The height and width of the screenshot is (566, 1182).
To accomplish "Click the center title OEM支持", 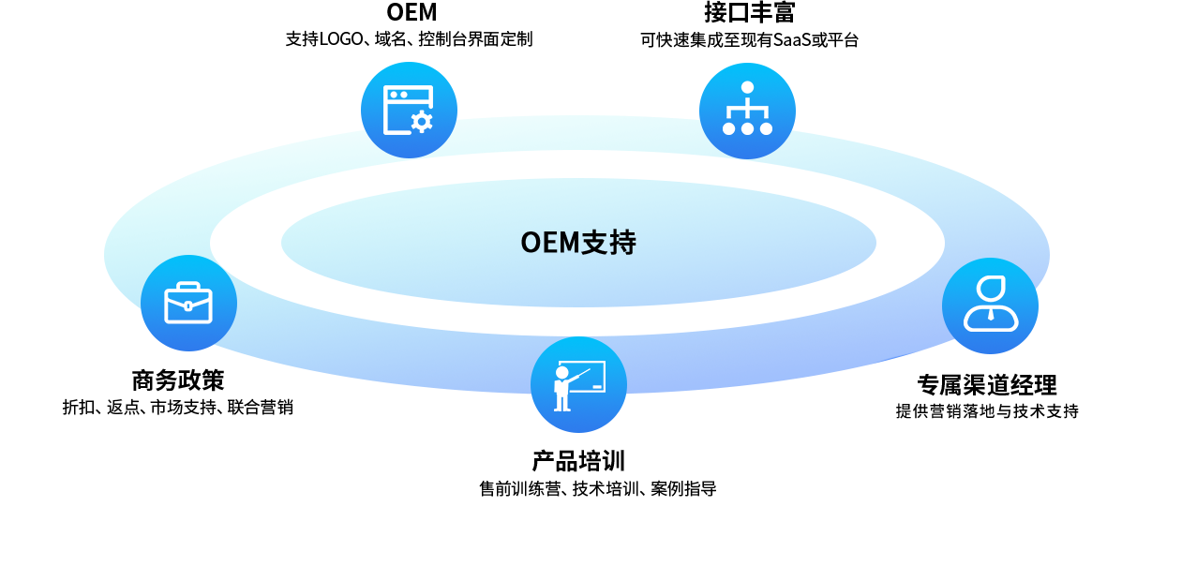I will tap(577, 243).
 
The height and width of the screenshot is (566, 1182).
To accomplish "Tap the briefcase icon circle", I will tap(188, 303).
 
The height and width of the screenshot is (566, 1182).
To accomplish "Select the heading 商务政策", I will tap(178, 380).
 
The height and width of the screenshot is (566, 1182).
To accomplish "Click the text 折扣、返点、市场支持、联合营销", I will tap(177, 408).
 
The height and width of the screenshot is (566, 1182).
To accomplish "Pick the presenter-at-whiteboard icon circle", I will tap(578, 384).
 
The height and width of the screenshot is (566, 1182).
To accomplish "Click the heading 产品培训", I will tap(578, 461).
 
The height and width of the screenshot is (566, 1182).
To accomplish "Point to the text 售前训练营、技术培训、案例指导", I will tap(597, 489).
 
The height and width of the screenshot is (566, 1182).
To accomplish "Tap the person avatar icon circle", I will tap(990, 305).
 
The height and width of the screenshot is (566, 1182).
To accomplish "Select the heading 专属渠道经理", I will tap(987, 385).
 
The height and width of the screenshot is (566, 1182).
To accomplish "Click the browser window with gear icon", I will tap(409, 110).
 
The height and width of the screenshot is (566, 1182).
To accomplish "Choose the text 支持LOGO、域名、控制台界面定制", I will tap(409, 39).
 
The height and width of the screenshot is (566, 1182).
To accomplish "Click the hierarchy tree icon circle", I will tap(747, 111).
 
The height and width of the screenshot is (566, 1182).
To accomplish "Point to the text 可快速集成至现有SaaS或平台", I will tap(749, 40).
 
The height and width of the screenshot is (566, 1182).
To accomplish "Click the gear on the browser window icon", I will tap(422, 121).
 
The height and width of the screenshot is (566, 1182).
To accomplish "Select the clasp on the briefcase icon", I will tap(188, 305).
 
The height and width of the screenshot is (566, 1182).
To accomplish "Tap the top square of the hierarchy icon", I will tap(747, 87).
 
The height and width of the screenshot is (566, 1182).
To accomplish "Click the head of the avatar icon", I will tap(990, 289).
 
